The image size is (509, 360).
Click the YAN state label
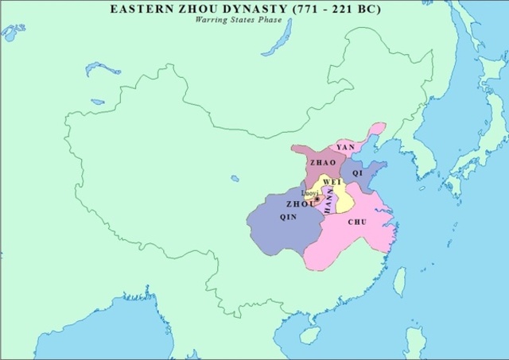(345, 147)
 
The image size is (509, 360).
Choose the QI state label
(357, 172)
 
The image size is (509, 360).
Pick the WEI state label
(332, 182)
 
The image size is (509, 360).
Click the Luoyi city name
(310, 193)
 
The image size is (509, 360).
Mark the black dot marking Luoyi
(317, 199)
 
